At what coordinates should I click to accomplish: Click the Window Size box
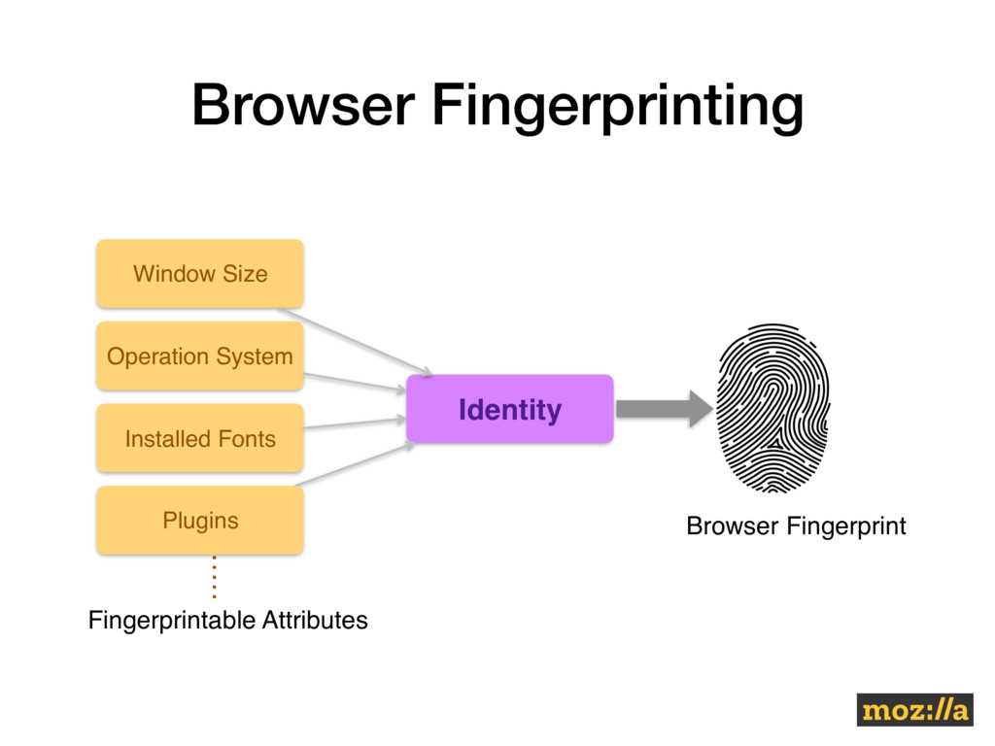pyautogui.click(x=199, y=273)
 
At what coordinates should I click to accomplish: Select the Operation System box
pyautogui.click(x=199, y=356)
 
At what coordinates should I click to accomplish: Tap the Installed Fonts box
pyautogui.click(x=199, y=438)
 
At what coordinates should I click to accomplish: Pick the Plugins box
pyautogui.click(x=199, y=521)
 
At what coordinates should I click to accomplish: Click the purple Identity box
pyautogui.click(x=509, y=409)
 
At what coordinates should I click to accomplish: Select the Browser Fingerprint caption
pyautogui.click(x=796, y=526)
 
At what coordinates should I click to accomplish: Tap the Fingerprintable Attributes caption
pyautogui.click(x=228, y=620)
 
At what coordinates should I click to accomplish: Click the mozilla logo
pyautogui.click(x=913, y=710)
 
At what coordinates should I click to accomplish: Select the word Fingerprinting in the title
pyautogui.click(x=618, y=107)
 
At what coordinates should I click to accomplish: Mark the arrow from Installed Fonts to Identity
pyautogui.click(x=355, y=424)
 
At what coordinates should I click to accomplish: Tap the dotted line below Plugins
pyautogui.click(x=213, y=577)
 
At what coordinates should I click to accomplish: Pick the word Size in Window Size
pyautogui.click(x=245, y=273)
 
